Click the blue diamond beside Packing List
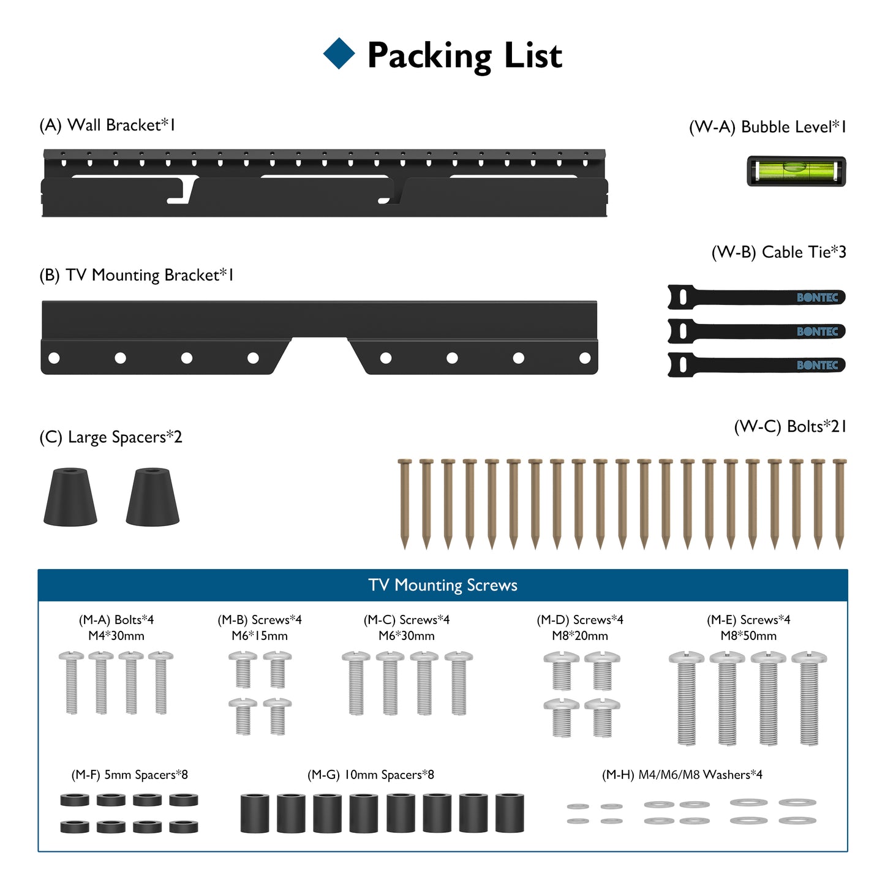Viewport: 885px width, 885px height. pyautogui.click(x=339, y=53)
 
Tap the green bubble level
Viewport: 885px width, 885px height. pyautogui.click(x=796, y=171)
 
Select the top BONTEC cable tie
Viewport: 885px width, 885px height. pyautogui.click(x=756, y=298)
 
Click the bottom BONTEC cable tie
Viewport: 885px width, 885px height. pyautogui.click(x=756, y=365)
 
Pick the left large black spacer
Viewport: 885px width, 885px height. pyautogui.click(x=70, y=497)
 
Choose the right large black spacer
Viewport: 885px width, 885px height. pyautogui.click(x=153, y=497)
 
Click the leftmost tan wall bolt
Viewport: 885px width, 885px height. pyautogui.click(x=404, y=502)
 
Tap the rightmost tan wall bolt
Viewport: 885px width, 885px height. pyautogui.click(x=840, y=502)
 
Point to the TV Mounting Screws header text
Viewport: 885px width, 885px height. pyautogui.click(x=443, y=586)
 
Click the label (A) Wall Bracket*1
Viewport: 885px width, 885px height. pyautogui.click(x=107, y=125)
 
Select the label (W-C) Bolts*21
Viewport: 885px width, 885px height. pyautogui.click(x=789, y=426)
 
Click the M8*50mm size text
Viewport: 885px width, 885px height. pyautogui.click(x=748, y=636)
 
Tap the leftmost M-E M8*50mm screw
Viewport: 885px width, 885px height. pyautogui.click(x=687, y=698)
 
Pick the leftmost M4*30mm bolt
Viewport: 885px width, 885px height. pyautogui.click(x=72, y=682)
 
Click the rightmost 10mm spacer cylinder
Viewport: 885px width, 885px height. pyautogui.click(x=510, y=813)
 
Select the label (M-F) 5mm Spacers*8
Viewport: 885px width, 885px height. pyautogui.click(x=129, y=775)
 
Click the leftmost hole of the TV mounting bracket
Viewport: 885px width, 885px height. pyautogui.click(x=54, y=358)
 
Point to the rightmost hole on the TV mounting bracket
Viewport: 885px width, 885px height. pyautogui.click(x=585, y=358)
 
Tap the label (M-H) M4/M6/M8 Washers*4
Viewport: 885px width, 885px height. pyautogui.click(x=682, y=775)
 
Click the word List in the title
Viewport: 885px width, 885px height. pyautogui.click(x=533, y=56)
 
